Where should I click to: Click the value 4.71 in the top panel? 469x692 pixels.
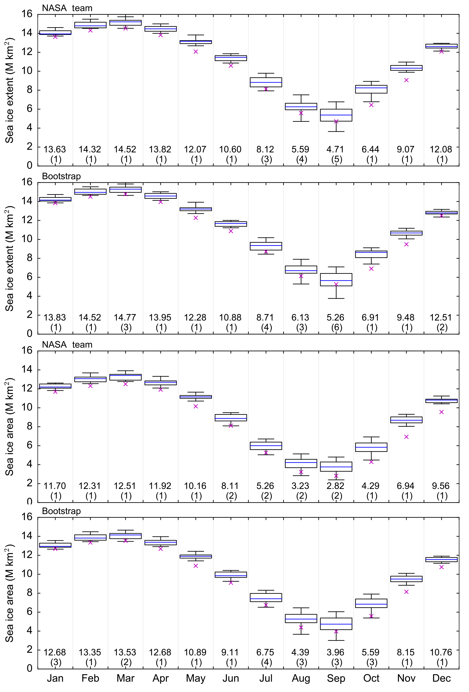336,149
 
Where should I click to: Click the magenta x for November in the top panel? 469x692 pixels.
406,80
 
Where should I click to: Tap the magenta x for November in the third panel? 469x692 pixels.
406,437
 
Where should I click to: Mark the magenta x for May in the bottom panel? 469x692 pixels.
196,566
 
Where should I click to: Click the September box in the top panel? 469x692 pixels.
336,115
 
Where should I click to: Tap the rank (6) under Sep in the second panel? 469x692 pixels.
337,328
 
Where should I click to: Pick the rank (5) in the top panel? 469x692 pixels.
337,159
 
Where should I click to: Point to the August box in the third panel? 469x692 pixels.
301,463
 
